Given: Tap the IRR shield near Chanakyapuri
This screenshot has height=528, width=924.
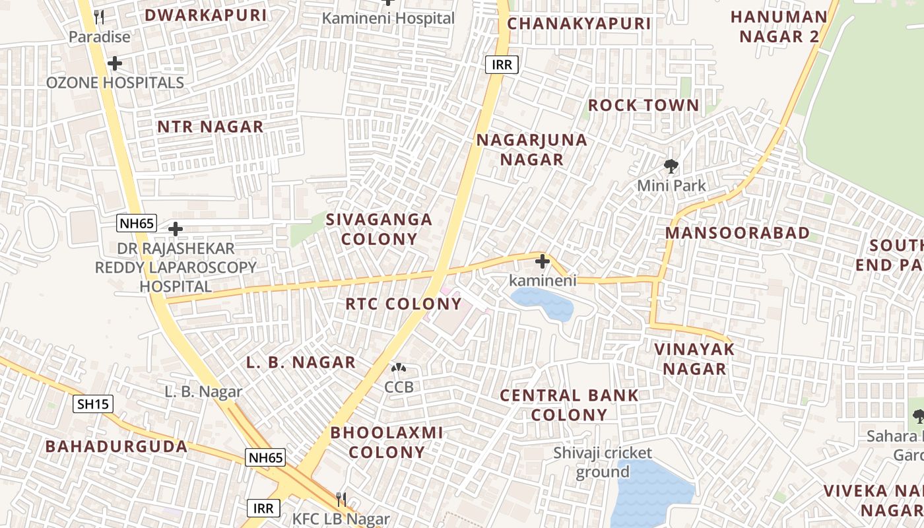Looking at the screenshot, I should pos(502,65).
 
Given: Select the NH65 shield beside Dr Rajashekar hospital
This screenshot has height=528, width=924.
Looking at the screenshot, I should pos(137,223).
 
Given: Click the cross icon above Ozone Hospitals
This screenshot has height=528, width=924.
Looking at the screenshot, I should pos(115,64).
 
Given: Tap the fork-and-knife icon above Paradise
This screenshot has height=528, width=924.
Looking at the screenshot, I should pos(99,17).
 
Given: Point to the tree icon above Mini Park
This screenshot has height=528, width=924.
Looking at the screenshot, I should pos(671,166).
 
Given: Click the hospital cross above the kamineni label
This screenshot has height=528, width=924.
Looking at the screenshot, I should pos(543,261).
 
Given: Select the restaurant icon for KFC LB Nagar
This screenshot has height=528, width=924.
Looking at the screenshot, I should pos(341,499).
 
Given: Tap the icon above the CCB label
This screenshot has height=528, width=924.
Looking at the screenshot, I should pos(399,368).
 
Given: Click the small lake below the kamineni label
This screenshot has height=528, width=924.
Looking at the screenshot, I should pos(543,304).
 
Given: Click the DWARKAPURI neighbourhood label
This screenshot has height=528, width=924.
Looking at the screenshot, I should pos(206,15).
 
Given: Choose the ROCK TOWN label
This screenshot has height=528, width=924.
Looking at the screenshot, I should pos(643,106).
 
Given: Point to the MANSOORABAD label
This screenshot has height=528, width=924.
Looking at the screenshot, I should pos(737,233).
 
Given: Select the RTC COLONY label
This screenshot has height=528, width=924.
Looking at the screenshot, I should pos(403,304).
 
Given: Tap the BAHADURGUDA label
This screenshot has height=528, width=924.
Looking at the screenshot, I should pos(116,446).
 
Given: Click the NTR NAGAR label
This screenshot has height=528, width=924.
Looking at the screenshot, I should pos(210,127).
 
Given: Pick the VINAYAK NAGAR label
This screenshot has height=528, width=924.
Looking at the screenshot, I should pos(694,358).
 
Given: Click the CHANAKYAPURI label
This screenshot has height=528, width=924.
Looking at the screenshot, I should pos(579,24).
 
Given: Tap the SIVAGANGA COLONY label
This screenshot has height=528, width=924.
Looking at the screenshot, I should pos(379,229).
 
